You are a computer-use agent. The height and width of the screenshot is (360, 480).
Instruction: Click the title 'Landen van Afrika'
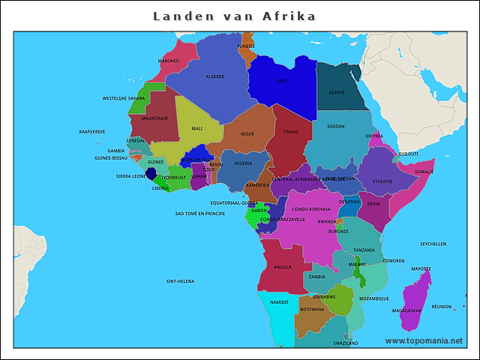[x=234, y=16]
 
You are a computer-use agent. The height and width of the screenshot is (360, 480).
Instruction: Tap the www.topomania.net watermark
[x=424, y=340]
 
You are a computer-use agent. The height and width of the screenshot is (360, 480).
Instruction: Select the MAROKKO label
[x=168, y=61]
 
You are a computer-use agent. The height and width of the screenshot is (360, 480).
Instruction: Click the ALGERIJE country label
[x=215, y=76]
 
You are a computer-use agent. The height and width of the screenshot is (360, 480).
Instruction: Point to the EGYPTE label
[x=336, y=93]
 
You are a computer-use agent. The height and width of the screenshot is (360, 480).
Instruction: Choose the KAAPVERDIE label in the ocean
[x=92, y=131]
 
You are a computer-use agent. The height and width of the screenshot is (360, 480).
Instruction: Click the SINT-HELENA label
[x=180, y=281]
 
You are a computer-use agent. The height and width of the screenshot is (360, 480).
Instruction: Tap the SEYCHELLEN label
[x=433, y=244]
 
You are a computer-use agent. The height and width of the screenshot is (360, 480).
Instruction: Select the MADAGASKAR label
[x=406, y=310]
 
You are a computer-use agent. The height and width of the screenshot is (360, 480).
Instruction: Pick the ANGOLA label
[x=283, y=267]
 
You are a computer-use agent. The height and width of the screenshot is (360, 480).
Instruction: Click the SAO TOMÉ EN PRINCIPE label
[x=200, y=214]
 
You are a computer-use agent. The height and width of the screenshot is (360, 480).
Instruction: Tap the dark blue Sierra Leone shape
[x=151, y=173]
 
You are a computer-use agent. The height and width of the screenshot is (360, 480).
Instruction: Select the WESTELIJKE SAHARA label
[x=124, y=98]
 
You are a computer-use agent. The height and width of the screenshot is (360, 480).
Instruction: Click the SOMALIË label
[x=424, y=172]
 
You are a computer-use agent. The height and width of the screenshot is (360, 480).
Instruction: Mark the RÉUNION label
[x=442, y=306]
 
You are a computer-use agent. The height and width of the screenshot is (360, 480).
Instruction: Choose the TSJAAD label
[x=290, y=131]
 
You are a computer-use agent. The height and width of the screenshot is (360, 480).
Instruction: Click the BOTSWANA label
[x=312, y=309]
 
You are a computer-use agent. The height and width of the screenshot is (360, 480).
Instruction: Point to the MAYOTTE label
[x=421, y=268]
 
